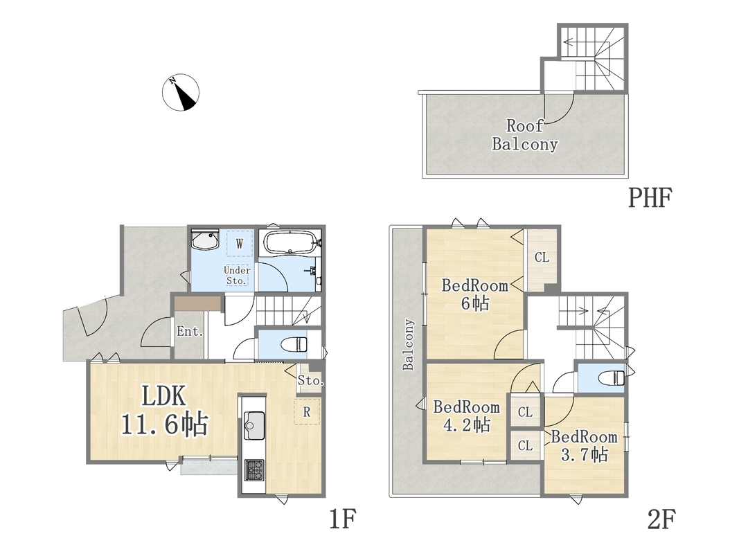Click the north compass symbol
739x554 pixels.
click(x=181, y=93)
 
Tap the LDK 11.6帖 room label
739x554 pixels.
click(x=164, y=410)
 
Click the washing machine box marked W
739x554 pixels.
click(x=240, y=244)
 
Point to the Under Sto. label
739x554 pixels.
click(x=237, y=276)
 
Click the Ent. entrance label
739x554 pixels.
click(x=190, y=331)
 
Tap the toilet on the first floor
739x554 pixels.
click(x=293, y=344)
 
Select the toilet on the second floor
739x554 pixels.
click(x=611, y=378)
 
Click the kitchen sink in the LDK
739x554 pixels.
click(x=254, y=426)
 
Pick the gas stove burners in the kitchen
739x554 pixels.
click(x=254, y=470)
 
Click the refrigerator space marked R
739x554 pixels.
click(x=307, y=412)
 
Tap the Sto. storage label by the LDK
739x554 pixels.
click(x=310, y=380)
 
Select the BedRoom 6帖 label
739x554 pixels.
click(x=475, y=294)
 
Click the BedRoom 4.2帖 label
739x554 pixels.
click(x=467, y=416)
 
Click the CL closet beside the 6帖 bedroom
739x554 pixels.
click(x=542, y=257)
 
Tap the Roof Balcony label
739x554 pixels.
click(x=525, y=135)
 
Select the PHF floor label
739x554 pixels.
click(x=650, y=198)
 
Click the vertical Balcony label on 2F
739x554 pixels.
click(x=408, y=344)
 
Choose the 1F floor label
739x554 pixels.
click(x=342, y=519)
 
